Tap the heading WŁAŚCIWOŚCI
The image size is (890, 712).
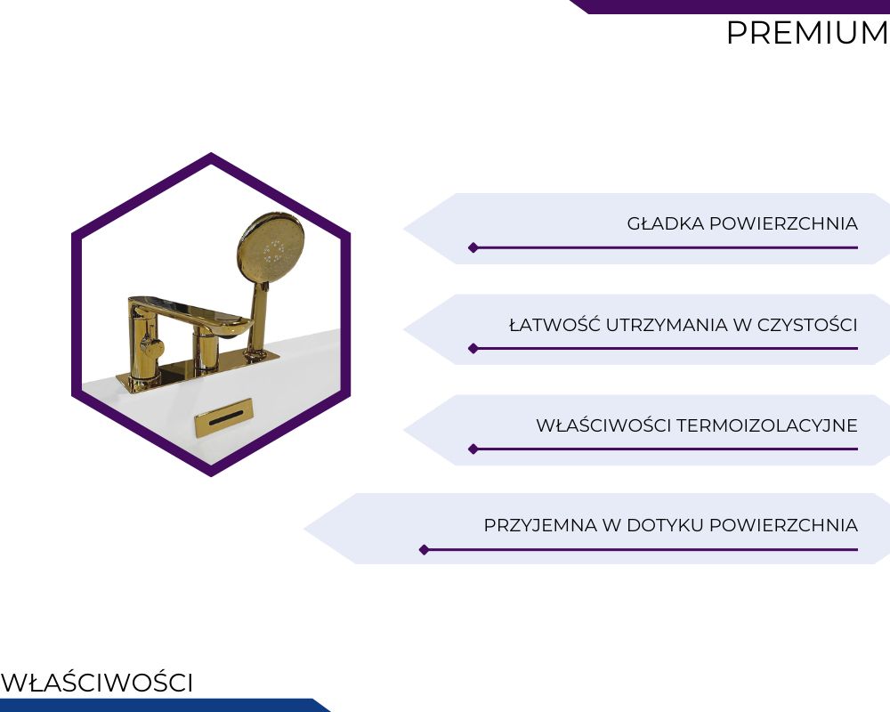point(97,683)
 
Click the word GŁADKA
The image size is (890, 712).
point(666,223)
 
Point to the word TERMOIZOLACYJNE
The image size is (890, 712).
point(767,425)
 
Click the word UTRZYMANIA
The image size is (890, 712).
point(667,326)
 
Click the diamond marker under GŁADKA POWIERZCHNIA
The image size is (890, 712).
point(473,247)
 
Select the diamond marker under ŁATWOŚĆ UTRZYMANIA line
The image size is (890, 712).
point(473,349)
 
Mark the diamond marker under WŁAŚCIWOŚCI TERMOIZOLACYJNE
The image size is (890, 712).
point(473,449)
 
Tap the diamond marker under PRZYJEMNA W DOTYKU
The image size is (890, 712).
point(424,550)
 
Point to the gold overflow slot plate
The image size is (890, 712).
point(223,417)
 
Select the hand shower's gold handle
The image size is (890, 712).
point(257,320)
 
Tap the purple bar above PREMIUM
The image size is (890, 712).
point(730,7)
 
